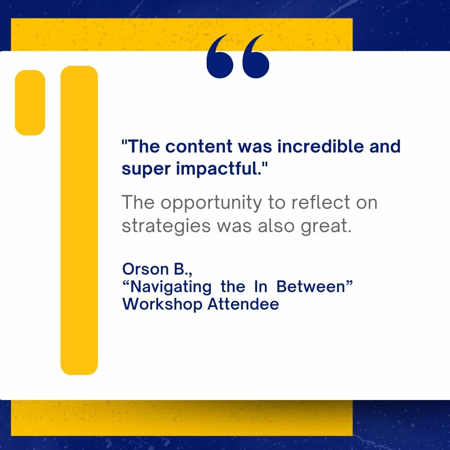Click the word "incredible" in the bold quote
point(315,147)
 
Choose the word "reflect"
point(315,202)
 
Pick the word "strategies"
point(166,226)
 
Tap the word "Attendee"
point(243,304)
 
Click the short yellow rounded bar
point(30,102)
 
